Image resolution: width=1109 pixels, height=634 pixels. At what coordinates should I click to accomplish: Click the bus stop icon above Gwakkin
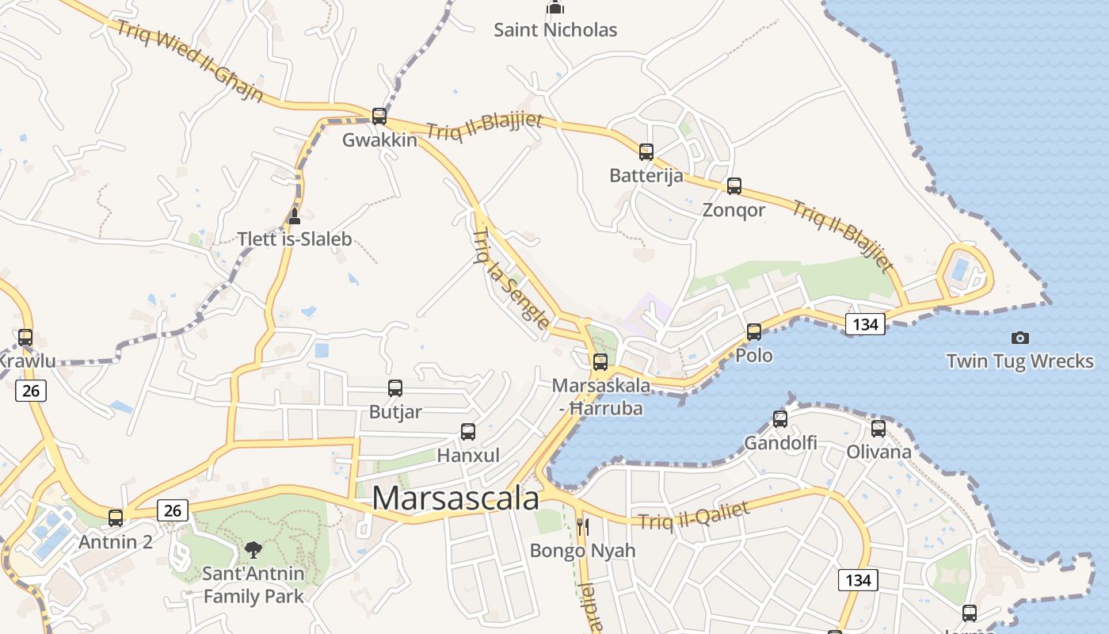(379, 116)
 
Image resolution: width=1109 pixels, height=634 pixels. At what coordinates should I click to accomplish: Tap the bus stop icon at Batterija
(646, 151)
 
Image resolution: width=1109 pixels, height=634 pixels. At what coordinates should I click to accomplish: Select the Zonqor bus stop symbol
(734, 186)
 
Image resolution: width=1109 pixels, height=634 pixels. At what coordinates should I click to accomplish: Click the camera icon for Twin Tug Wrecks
(1020, 338)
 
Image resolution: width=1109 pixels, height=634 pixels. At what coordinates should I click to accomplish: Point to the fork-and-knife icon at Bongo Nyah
(582, 527)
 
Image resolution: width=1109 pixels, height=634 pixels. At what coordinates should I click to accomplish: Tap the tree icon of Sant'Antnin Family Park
(253, 549)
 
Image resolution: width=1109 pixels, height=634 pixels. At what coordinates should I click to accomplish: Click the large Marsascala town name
(455, 498)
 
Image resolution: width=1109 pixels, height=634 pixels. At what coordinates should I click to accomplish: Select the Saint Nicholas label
(555, 30)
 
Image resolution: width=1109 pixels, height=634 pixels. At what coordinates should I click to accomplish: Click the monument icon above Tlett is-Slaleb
(294, 216)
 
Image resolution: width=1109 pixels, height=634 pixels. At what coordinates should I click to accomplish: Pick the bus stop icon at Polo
(754, 331)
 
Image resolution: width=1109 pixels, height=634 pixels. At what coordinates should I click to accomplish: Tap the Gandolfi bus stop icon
(780, 419)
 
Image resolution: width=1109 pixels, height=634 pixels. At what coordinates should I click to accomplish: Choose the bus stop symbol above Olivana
(878, 429)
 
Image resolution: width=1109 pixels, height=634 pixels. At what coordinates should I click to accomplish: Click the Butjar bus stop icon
(395, 388)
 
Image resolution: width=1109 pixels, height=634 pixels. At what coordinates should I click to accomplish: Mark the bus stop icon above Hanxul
(468, 432)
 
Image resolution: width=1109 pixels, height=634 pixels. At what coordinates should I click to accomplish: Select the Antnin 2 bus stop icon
(116, 518)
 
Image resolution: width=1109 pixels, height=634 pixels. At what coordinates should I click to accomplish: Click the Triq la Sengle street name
(510, 280)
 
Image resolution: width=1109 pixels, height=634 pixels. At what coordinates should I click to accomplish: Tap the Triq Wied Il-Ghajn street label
(190, 62)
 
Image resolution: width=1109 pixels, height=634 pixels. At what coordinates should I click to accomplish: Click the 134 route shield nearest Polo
(865, 324)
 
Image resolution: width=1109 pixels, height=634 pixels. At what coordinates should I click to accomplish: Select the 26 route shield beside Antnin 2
(172, 510)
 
